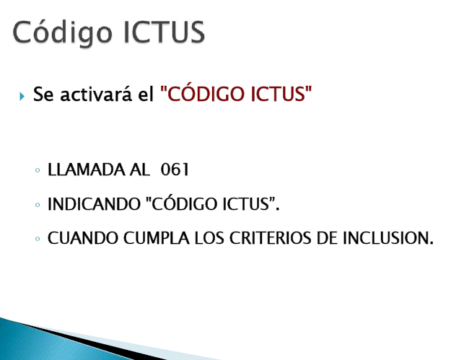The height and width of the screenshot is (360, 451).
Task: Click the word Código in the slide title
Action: point(62,32)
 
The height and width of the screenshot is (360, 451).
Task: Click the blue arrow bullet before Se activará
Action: point(22,96)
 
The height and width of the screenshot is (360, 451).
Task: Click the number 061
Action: point(175,171)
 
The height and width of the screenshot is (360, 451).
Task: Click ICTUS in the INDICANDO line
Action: point(245,205)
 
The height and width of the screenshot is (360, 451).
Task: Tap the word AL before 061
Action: point(140,171)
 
